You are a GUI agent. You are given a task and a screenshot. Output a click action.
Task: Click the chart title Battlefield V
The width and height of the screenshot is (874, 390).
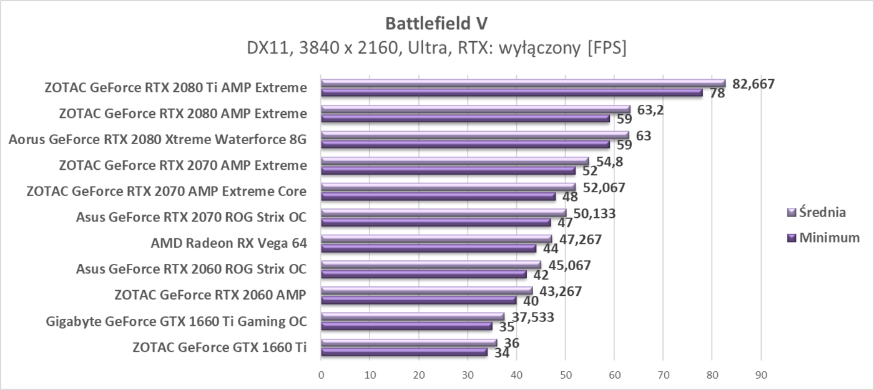[x=436, y=23]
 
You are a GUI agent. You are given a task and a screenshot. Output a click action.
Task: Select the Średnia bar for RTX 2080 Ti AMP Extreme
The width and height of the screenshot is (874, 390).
[x=523, y=82]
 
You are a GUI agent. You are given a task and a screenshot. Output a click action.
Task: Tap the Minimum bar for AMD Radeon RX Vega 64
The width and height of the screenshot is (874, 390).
[x=428, y=248]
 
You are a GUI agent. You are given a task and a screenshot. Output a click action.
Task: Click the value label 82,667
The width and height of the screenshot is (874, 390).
[x=753, y=84]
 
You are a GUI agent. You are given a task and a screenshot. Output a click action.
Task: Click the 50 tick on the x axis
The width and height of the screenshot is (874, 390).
[x=565, y=375]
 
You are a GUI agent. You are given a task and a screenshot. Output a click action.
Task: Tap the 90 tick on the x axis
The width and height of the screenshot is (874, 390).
[x=760, y=375]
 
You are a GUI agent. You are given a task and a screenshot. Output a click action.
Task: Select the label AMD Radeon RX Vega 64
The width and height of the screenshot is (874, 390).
[x=228, y=243]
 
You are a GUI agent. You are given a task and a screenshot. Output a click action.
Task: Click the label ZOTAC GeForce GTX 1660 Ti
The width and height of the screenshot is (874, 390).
[x=219, y=347]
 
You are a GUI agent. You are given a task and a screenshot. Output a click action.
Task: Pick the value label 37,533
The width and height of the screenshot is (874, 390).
[x=530, y=317]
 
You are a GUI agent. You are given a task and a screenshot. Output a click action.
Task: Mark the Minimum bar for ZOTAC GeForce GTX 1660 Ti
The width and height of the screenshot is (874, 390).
[x=404, y=352]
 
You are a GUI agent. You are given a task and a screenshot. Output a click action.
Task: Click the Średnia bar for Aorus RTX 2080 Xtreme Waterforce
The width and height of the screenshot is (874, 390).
[x=475, y=134]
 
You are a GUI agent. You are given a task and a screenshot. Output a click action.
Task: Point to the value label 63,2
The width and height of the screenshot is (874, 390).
[x=647, y=110]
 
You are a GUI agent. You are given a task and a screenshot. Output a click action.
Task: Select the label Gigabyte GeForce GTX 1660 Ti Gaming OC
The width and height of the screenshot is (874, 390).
[x=176, y=321]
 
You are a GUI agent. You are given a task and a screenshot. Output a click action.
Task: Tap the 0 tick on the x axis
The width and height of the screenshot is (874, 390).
[x=321, y=375]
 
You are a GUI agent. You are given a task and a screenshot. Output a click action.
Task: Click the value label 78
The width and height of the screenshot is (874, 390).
[x=717, y=94]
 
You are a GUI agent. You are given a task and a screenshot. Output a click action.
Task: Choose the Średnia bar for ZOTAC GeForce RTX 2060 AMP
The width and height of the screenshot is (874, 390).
[x=426, y=290]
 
